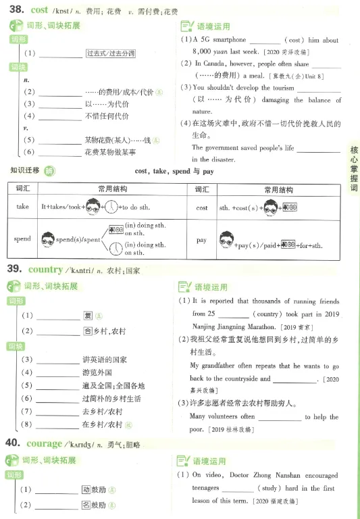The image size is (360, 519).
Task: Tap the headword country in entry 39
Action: pos(45,270)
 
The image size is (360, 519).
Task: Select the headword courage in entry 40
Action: pos(44,443)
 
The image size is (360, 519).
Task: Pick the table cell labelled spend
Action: pos(23,239)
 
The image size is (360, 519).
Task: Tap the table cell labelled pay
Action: pos(202,239)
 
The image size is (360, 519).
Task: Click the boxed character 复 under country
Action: pos(87,316)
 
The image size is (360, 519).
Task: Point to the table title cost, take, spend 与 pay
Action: pos(174,172)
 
